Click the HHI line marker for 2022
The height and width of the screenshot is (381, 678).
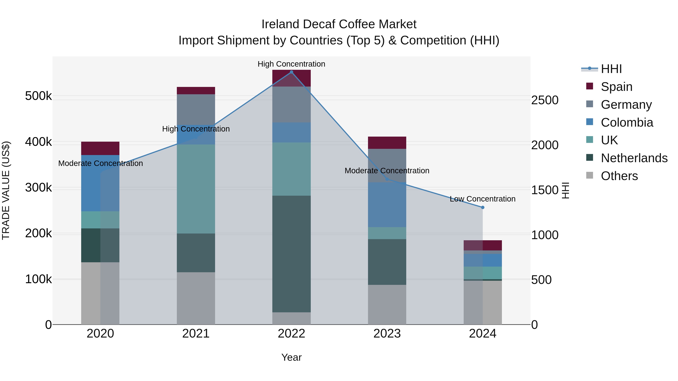pyautogui.click(x=291, y=72)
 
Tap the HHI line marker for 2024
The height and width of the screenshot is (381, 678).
pyautogui.click(x=483, y=208)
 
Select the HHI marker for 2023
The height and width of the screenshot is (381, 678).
pyautogui.click(x=387, y=179)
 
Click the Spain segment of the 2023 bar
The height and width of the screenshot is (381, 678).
pyautogui.click(x=387, y=143)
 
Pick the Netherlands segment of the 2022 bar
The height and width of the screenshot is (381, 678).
pyautogui.click(x=291, y=254)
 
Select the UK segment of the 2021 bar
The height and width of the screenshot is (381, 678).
pyautogui.click(x=196, y=189)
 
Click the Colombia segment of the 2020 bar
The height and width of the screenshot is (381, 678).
pyautogui.click(x=100, y=183)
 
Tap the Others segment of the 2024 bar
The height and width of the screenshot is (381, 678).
pyautogui.click(x=483, y=302)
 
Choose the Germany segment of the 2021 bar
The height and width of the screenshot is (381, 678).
pyautogui.click(x=196, y=109)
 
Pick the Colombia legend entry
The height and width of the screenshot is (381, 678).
pyautogui.click(x=627, y=122)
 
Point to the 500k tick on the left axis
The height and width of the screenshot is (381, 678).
pyautogui.click(x=38, y=96)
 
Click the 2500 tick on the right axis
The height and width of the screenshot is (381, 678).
pyautogui.click(x=544, y=100)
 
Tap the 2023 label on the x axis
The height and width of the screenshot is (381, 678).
pyautogui.click(x=387, y=334)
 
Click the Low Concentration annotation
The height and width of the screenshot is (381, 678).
pyautogui.click(x=483, y=199)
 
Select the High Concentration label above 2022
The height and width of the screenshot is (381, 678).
pyautogui.click(x=291, y=64)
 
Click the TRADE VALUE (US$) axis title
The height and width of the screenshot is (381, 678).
pyautogui.click(x=6, y=190)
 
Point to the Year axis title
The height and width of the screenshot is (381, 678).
pyautogui.click(x=291, y=357)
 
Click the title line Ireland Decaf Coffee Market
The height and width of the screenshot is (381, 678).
pyautogui.click(x=339, y=24)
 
